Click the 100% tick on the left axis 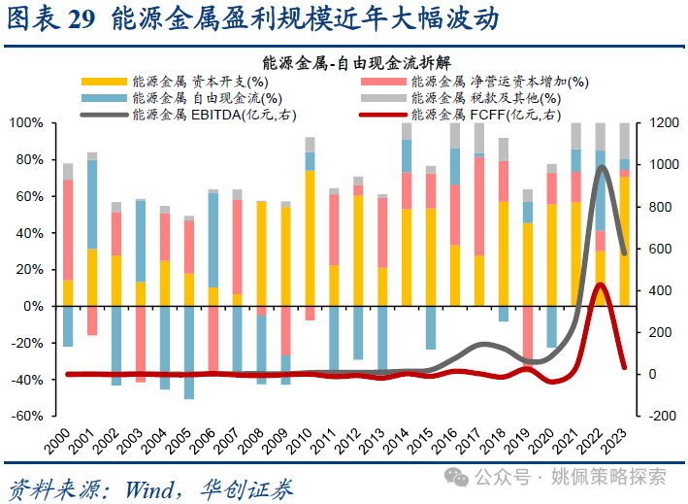point(26,123)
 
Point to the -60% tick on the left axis point(26,416)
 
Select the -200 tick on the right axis point(660,416)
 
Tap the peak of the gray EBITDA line point(603,167)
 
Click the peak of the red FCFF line point(600,285)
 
